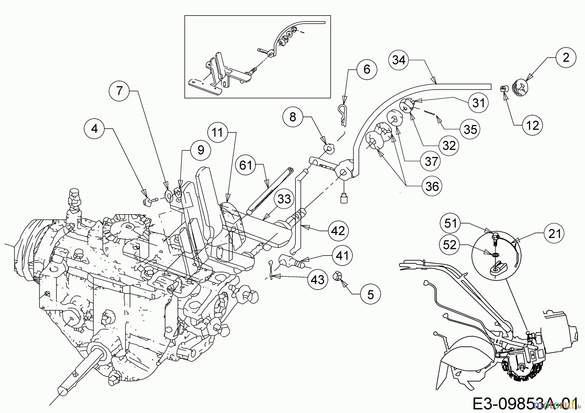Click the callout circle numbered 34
pos(399,60)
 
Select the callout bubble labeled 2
pos(566,58)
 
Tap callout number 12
pos(532,125)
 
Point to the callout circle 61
pos(246,165)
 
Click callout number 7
pos(120,91)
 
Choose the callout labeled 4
pos(94,129)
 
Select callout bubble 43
pos(318,279)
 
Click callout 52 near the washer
pos(450,245)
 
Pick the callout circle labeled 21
pos(555,233)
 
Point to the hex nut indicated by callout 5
pos(337,277)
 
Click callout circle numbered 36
pos(432,186)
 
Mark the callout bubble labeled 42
pos(338,231)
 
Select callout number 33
pos(284,199)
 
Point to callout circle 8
pos(292,117)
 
